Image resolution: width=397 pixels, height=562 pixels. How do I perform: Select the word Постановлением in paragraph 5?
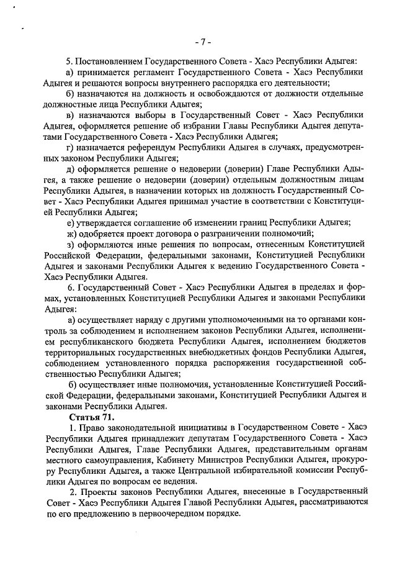point(109,61)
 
